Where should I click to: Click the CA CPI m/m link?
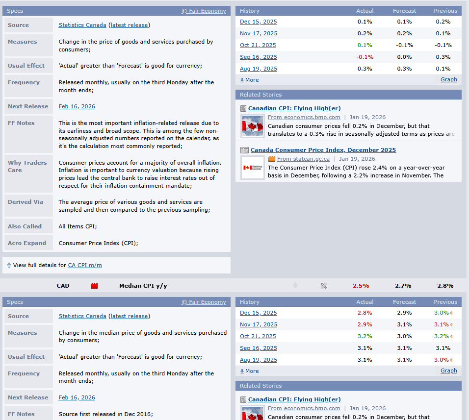[85, 265]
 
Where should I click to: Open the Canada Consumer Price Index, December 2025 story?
[323, 150]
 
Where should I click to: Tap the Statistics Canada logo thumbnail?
[253, 168]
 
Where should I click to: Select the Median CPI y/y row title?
[143, 286]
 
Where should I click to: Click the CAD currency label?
[63, 286]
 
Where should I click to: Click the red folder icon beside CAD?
[94, 286]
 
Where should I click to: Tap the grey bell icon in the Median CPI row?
[295, 286]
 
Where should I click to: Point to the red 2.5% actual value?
[361, 286]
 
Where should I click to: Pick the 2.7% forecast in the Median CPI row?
[403, 286]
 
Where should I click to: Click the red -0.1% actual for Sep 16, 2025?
[365, 57]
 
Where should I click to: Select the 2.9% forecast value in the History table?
[404, 313]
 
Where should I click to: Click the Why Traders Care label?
[27, 166]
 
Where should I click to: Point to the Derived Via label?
[26, 202]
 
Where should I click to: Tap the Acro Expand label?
[27, 243]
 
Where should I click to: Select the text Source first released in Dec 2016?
[105, 414]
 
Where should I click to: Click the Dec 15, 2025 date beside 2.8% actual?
[258, 313]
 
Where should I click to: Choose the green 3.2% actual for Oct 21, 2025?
[365, 336]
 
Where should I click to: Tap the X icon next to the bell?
[324, 286]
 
